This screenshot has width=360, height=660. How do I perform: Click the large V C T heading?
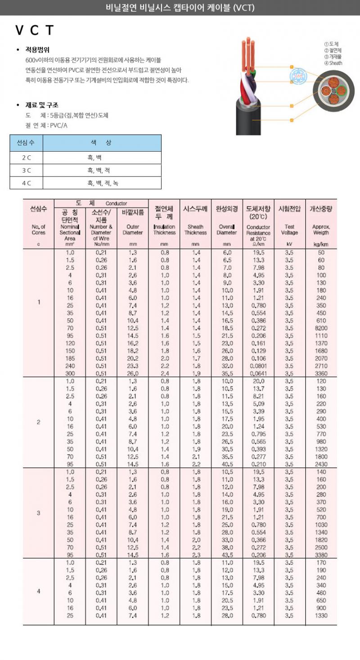pos(35,31)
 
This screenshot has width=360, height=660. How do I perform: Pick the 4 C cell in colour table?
pos(27,183)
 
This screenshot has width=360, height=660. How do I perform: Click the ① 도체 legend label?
pos(331,44)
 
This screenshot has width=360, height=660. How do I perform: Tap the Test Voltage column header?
pos(289,230)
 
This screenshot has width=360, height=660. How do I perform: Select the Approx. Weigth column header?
pos(320,230)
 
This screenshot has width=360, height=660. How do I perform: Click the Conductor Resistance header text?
pos(258,230)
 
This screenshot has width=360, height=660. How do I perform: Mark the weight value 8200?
pos(321,329)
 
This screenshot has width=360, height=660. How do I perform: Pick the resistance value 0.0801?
pos(258,366)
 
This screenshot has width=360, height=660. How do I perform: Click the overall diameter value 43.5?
pos(227,555)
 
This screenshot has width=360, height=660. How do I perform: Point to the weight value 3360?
pos(321,374)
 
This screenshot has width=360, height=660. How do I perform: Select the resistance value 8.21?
pos(258,396)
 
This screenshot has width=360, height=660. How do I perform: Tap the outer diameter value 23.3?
pos(132,366)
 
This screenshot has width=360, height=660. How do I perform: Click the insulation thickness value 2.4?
pos(164,374)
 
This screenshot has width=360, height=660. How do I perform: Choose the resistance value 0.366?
pos(258,540)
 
